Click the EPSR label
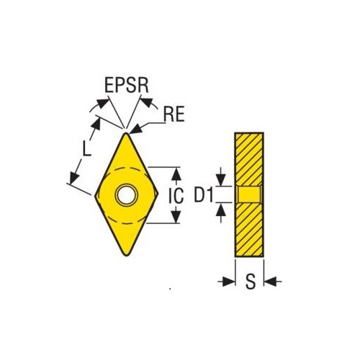(x=127, y=86)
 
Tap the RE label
(x=174, y=114)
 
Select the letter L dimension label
(x=86, y=148)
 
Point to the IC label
(x=176, y=195)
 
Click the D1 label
(x=204, y=194)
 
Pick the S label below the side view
(x=251, y=281)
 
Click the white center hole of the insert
(x=127, y=194)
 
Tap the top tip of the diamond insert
(x=126, y=133)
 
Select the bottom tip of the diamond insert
(x=127, y=256)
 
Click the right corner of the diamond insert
(x=158, y=193)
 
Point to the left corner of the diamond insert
(x=95, y=195)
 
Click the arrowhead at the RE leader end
(x=135, y=129)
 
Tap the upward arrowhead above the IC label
(x=176, y=174)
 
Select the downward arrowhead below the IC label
(x=176, y=216)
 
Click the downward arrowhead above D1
(x=221, y=179)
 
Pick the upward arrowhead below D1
(x=221, y=209)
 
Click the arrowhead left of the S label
(x=228, y=282)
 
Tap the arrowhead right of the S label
(x=270, y=282)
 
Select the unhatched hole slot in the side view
(x=249, y=194)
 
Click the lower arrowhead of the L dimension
(x=74, y=178)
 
